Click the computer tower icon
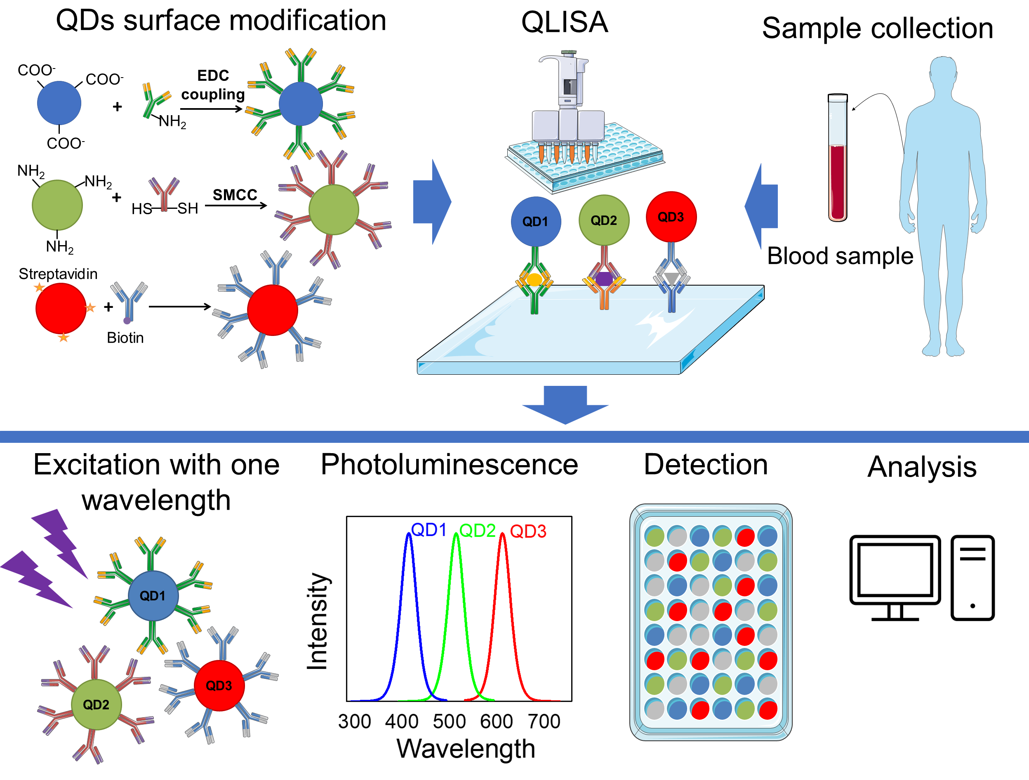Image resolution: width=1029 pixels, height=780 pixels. [x=972, y=577]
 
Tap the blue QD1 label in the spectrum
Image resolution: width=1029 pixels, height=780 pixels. [x=429, y=529]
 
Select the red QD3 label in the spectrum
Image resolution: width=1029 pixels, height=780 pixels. [x=528, y=531]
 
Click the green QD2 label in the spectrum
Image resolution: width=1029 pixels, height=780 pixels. [x=477, y=530]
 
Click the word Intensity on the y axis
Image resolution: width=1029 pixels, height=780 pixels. [x=318, y=621]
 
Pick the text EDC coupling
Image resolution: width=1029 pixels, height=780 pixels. [x=213, y=85]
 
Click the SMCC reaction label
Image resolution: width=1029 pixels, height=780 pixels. [x=235, y=194]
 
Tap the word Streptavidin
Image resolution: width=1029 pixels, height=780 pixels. [x=58, y=274]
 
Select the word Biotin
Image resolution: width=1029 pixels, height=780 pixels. [x=125, y=338]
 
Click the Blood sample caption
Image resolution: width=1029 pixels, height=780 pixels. [x=840, y=255]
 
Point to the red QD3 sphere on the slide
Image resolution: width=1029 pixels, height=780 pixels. [x=671, y=217]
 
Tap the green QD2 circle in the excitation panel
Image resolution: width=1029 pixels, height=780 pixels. [x=96, y=704]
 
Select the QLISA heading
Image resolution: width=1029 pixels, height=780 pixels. [x=564, y=22]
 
